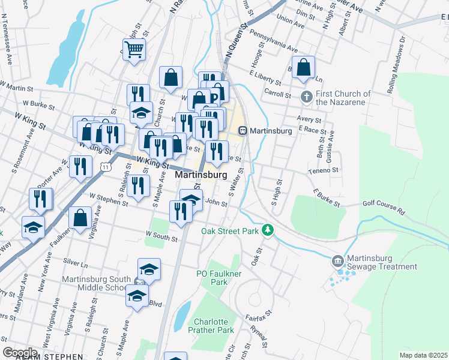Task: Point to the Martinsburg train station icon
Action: tap(243, 130)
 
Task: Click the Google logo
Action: tap(19, 352)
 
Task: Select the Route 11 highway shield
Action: tap(106, 166)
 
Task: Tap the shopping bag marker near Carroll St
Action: tap(304, 68)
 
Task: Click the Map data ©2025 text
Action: tap(424, 355)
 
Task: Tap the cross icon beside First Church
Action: tap(306, 96)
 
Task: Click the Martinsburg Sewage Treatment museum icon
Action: tap(337, 260)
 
